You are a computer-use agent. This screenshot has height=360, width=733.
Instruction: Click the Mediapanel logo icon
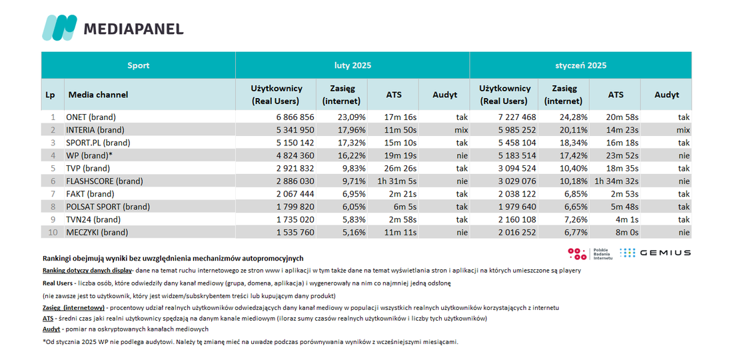point(59,27)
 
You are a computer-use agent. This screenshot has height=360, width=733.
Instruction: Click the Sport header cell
point(139,65)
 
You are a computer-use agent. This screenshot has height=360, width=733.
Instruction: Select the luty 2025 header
point(353,65)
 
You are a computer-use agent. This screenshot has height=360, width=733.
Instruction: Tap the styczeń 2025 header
point(580,65)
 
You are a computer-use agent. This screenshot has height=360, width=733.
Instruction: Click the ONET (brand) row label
point(91,117)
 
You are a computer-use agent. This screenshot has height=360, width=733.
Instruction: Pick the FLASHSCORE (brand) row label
point(105,181)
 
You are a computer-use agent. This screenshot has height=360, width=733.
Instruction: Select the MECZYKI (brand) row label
point(97,232)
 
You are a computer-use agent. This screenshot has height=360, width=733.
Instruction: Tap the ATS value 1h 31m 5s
point(397,181)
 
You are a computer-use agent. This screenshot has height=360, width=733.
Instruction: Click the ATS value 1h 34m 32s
point(616,181)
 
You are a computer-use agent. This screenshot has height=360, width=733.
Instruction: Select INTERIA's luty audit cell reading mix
point(461,130)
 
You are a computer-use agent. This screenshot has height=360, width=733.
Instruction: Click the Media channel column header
point(98,95)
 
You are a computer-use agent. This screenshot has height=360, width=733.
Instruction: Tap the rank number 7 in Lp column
point(53,193)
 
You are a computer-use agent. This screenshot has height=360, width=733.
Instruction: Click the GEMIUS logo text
point(665,253)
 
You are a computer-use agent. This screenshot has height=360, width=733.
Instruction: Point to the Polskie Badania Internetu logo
point(590,253)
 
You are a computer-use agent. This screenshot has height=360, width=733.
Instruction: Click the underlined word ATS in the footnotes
point(48,319)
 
